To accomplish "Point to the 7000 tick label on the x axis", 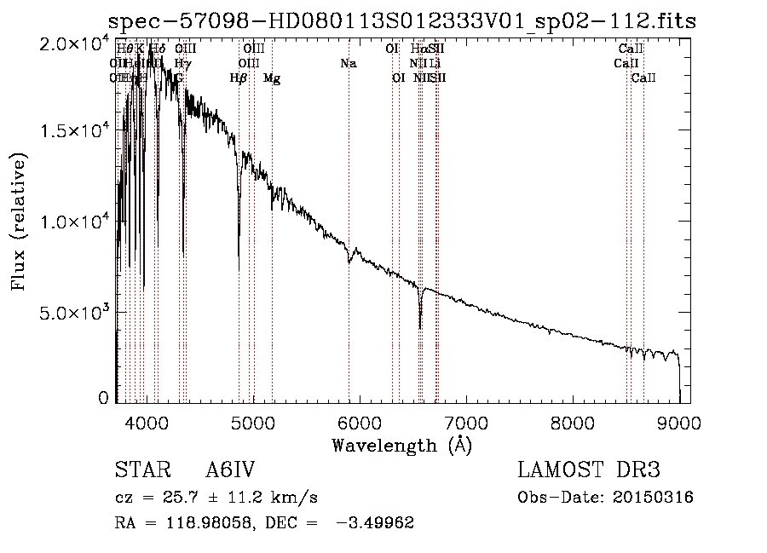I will point(466,422).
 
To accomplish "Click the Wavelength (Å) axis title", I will point(401,445).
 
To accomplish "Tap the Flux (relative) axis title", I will point(19,222).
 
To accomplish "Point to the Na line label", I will point(348,63).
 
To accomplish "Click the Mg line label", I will point(272,78).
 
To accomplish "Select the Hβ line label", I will point(239,78).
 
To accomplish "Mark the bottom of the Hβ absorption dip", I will point(239,269).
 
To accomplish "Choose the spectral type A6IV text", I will point(230,471).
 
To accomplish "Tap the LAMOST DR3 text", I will point(589,471).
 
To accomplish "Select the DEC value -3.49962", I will point(376,523).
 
